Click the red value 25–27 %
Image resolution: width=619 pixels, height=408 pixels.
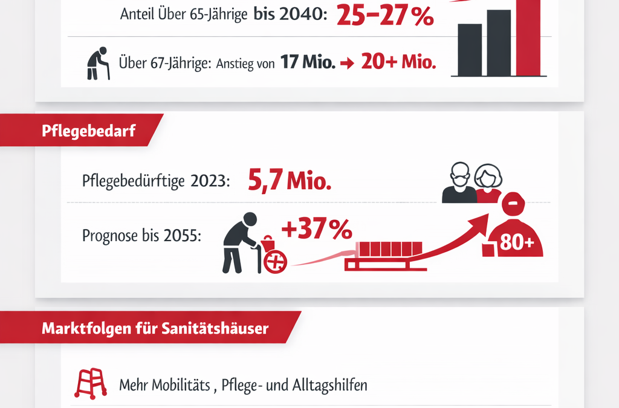point(385,15)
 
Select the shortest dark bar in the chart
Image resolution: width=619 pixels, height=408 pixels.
point(470,50)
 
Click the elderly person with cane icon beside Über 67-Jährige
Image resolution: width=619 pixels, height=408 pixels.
point(97,63)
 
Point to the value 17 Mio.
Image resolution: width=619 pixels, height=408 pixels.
point(308,62)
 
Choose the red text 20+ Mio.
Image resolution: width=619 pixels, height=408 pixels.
point(398,62)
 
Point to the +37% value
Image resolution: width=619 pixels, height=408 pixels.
point(316,230)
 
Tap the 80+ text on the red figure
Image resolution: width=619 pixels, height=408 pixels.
point(517,244)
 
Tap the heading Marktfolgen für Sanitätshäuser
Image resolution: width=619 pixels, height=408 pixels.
point(155,330)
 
